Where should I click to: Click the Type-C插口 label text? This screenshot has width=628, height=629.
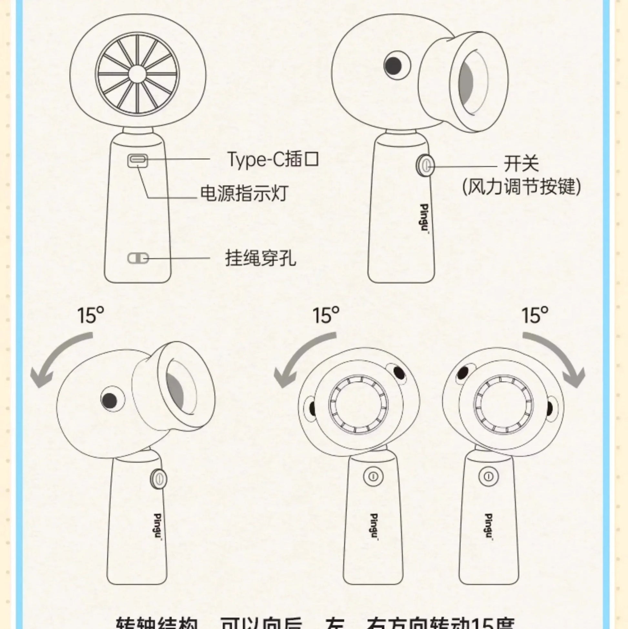coord(273,159)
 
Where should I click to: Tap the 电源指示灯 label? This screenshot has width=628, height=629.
coord(244,194)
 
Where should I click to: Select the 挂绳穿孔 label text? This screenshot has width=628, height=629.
coord(260,258)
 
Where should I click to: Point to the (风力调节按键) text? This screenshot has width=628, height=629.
coord(521,187)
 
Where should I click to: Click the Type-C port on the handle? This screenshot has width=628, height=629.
coord(138,161)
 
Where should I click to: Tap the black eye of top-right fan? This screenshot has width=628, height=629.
coord(393,66)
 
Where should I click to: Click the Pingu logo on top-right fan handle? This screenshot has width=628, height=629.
coord(424,218)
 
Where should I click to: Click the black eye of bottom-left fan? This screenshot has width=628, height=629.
coord(109,400)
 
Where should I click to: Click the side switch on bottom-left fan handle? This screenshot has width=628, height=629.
coord(159,479)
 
